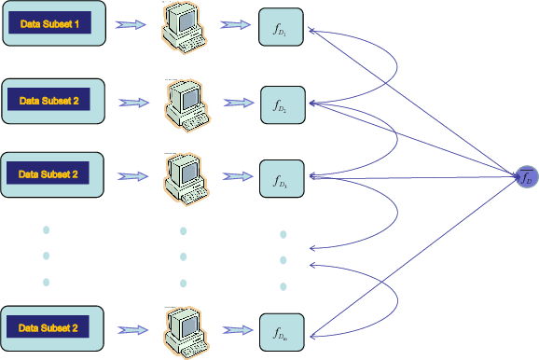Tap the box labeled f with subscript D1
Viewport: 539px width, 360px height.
point(281,29)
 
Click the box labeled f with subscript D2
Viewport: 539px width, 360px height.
point(282,104)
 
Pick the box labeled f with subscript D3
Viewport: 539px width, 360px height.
point(281,177)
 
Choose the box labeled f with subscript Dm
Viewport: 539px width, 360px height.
point(281,331)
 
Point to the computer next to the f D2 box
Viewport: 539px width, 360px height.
point(186,103)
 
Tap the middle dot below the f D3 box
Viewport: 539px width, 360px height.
point(283,259)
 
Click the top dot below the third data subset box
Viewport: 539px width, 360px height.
point(45,229)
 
